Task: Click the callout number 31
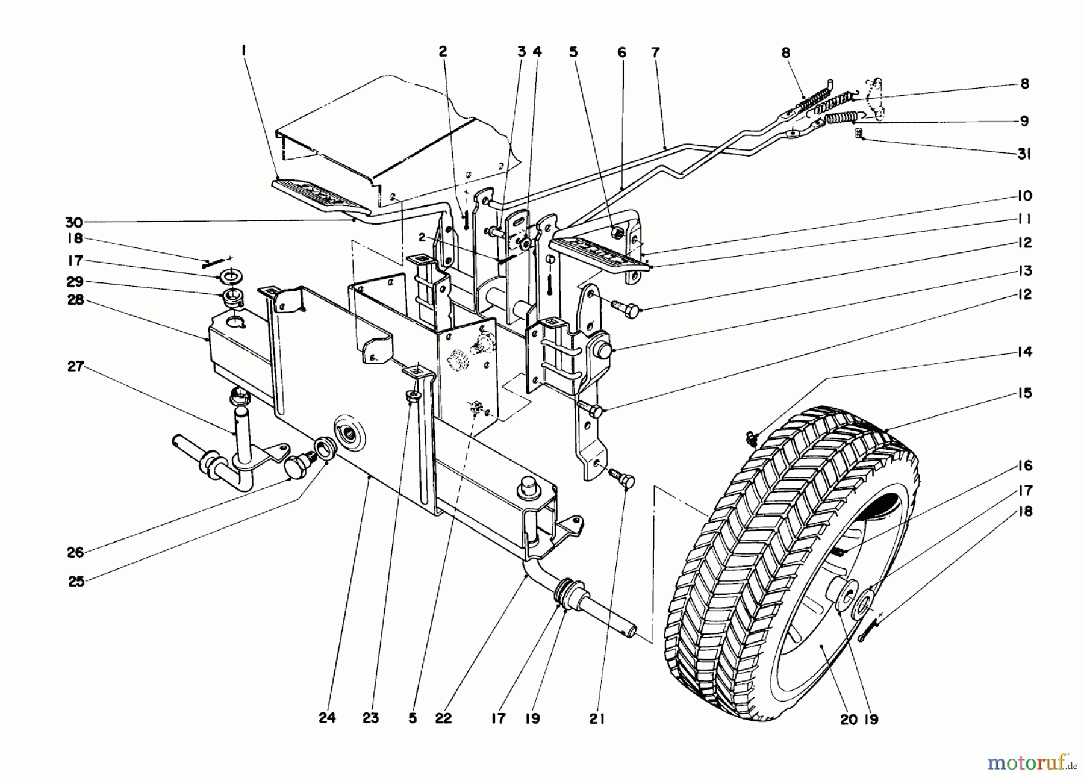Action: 1024,155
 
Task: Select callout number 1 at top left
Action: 244,52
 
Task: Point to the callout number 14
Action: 1024,352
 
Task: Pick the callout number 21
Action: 597,718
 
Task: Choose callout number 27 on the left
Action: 75,367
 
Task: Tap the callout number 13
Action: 1024,271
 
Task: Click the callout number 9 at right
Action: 1024,121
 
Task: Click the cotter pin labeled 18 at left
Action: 212,260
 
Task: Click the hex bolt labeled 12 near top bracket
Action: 626,308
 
